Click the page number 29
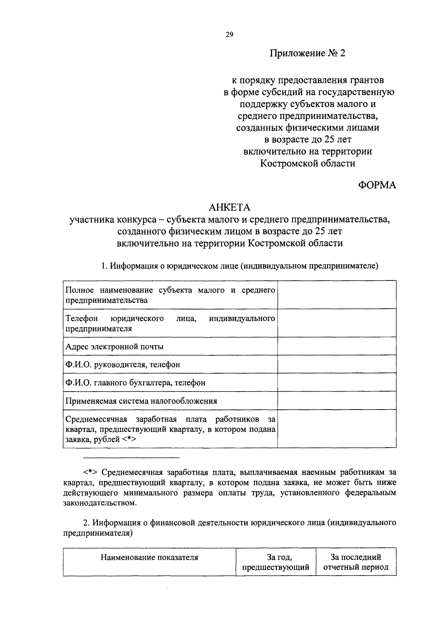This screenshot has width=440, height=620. click(229, 35)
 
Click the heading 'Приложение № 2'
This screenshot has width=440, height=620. click(308, 54)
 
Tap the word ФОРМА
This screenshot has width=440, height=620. click(377, 186)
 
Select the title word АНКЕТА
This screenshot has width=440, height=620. click(229, 208)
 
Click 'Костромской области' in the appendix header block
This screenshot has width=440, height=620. click(308, 163)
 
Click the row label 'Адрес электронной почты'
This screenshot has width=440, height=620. click(114, 346)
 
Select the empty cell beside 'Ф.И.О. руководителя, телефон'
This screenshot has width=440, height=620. click(337, 364)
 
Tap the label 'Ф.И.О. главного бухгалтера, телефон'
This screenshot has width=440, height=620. click(135, 382)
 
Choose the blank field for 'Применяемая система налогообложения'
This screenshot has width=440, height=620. click(337, 400)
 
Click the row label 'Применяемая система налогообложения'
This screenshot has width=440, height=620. click(141, 401)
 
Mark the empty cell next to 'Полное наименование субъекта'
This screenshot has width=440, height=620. click(337, 295)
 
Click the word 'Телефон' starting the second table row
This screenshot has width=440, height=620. click(79, 318)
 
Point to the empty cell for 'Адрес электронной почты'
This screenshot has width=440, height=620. click(337, 346)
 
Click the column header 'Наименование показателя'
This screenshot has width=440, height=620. click(149, 558)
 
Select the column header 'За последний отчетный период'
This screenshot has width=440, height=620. click(356, 562)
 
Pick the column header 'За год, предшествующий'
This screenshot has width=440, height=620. click(276, 562)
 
